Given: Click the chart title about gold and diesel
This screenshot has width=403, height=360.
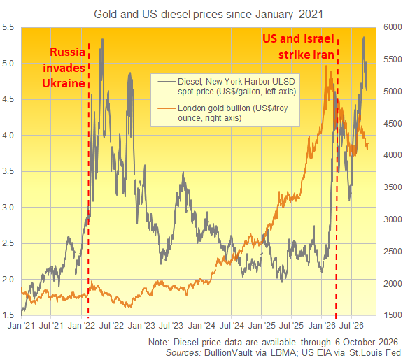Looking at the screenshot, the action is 208,15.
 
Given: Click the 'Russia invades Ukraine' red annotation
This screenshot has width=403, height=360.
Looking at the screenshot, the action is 64,68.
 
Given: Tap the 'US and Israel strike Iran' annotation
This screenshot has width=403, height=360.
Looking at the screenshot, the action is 298,46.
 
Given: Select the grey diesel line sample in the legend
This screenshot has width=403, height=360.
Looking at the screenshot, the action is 167,82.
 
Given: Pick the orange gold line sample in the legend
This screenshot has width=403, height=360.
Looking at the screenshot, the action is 167,108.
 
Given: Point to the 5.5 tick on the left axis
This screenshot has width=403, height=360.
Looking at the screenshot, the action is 8,27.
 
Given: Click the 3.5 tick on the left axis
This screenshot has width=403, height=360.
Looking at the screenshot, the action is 8,171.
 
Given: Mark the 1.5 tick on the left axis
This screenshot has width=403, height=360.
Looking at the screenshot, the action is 8,315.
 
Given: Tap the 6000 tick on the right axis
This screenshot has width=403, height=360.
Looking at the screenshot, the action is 393,27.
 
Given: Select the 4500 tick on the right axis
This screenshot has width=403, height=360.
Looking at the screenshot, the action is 393,124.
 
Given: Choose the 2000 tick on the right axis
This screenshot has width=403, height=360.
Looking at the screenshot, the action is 393,284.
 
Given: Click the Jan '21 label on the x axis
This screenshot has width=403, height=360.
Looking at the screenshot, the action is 21,326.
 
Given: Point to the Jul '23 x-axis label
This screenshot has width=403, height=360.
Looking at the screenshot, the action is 171,326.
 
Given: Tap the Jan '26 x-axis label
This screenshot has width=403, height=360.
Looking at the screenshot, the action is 322,326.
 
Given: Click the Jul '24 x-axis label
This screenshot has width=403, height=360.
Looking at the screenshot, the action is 232,326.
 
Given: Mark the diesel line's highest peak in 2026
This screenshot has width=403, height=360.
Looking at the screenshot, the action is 364,37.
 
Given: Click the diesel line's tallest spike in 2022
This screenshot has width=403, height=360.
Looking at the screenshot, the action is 103,39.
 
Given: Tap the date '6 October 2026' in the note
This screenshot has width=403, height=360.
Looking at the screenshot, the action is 367,343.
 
